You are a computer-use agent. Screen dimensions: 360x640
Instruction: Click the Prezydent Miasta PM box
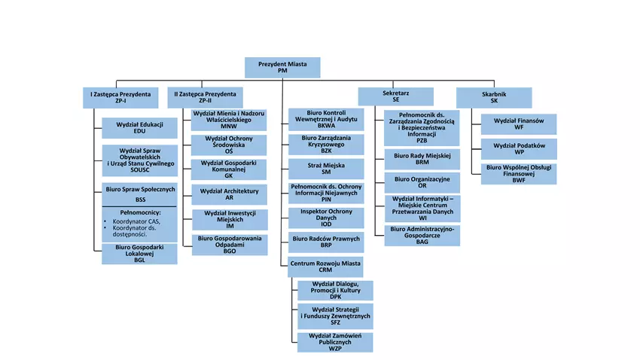282,67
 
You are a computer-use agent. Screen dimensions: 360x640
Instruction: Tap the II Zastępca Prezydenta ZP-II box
205,97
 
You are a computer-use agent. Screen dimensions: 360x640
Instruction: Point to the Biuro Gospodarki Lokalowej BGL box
139,254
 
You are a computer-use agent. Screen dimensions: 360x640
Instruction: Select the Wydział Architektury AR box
229,194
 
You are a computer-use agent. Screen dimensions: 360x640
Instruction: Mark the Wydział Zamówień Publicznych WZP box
335,342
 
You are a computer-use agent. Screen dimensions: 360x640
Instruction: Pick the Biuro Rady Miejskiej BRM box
422,159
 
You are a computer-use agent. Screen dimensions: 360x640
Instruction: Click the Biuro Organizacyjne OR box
422,183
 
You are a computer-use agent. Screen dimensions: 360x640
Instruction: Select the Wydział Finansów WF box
519,124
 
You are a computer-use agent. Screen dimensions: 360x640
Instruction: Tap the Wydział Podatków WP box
519,148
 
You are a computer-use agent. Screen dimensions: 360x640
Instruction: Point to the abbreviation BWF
519,180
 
